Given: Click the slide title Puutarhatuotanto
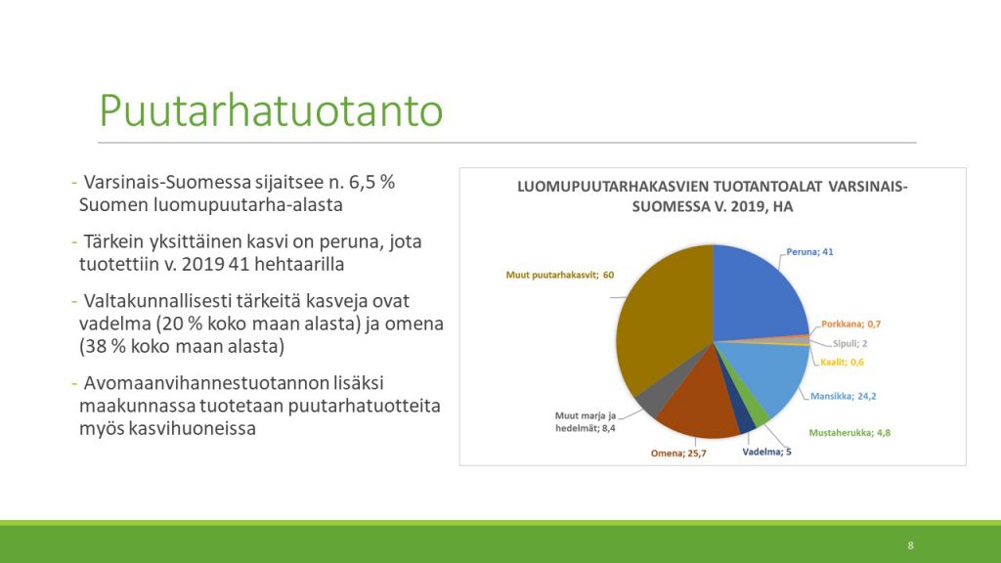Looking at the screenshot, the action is click(271, 110).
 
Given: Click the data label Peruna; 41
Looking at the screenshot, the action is click(809, 251).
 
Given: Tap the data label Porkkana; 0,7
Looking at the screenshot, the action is click(851, 324).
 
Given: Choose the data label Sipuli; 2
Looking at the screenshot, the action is click(849, 343).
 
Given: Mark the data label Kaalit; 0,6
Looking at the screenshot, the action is click(842, 362).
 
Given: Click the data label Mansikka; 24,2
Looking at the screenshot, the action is click(844, 396).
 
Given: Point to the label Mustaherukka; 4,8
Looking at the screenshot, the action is click(849, 432).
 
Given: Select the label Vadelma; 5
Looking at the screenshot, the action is click(766, 452).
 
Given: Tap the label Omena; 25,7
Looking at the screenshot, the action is click(678, 454).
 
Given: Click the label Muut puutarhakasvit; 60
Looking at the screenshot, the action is click(560, 275).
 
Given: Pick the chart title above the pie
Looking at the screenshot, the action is click(713, 196).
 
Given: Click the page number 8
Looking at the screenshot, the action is click(910, 545).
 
